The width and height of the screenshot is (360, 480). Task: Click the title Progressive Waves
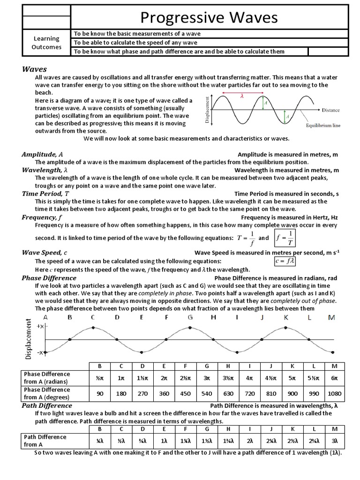pyautogui.click(x=209, y=17)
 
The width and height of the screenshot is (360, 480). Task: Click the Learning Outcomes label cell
pyautogui.click(x=45, y=43)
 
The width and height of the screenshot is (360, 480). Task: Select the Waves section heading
pyautogui.click(x=35, y=69)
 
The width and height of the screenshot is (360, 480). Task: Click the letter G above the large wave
pyautogui.click(x=190, y=317)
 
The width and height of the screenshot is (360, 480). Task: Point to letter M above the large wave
pyautogui.click(x=332, y=317)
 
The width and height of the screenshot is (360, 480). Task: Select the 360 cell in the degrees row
pyautogui.click(x=164, y=394)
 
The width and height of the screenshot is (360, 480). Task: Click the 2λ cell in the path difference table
pyautogui.click(x=250, y=441)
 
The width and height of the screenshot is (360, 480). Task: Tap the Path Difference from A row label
pyautogui.click(x=45, y=441)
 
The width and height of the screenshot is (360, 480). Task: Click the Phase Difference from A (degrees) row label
pyautogui.click(x=47, y=394)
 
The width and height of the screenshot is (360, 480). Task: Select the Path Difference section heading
pyautogui.click(x=47, y=405)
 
